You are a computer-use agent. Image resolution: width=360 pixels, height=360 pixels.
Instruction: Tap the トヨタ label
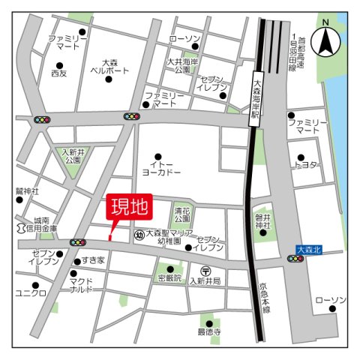307,163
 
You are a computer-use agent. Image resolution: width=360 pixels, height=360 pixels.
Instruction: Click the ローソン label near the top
184,38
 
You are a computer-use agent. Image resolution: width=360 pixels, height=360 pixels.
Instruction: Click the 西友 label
58,73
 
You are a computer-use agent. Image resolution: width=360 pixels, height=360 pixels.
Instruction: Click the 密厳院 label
170,277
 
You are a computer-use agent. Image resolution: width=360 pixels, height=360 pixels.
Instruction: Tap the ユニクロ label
31,292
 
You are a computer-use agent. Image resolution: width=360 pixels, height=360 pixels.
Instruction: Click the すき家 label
94,260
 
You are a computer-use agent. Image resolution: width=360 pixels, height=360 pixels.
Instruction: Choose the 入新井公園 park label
73,156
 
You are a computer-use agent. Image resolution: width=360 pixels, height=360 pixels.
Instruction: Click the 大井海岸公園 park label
183,65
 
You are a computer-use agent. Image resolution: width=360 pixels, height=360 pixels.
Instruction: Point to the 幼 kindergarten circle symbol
138,235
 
